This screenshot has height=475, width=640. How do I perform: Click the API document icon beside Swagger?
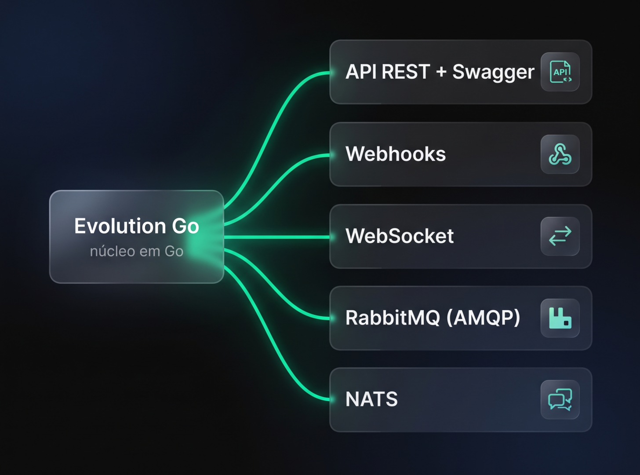(560, 72)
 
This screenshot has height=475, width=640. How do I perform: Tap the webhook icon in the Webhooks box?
(560, 154)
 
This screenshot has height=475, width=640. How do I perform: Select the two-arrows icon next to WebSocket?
(560, 236)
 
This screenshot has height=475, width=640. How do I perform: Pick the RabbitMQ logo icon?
(560, 318)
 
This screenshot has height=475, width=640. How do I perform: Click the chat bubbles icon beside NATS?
(560, 399)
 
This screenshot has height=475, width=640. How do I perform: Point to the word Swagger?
(493, 73)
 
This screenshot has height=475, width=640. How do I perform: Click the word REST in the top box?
(406, 72)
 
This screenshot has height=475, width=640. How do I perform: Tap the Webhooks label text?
(395, 154)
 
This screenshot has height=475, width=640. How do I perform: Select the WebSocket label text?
(400, 236)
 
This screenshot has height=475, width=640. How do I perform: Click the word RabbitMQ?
(393, 318)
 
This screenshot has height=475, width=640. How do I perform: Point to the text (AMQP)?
(483, 318)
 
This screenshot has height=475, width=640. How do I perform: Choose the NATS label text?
(371, 399)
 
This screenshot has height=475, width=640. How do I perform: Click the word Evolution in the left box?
(120, 226)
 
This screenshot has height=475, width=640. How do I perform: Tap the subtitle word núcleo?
(113, 251)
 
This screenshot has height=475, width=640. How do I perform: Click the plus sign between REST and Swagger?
(441, 72)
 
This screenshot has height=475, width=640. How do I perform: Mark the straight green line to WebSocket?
(277, 237)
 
